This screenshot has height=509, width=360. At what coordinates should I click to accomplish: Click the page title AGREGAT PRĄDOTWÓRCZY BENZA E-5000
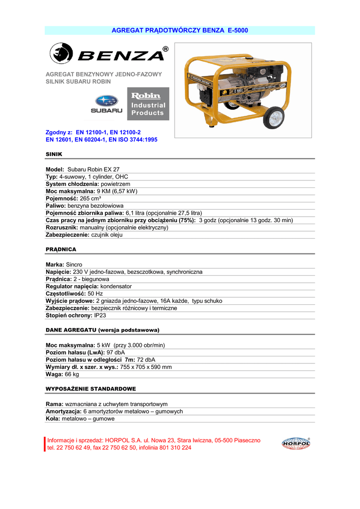pyautogui.click(x=180, y=31)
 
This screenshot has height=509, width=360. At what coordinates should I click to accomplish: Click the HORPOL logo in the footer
pyautogui.click(x=295, y=443)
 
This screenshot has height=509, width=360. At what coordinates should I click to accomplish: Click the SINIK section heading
pyautogui.click(x=54, y=155)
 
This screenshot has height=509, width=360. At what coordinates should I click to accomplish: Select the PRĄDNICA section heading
pyautogui.click(x=61, y=249)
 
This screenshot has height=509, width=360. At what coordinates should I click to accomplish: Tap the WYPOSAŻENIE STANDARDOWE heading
pyautogui.click(x=90, y=388)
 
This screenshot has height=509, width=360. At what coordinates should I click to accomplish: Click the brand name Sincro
pyautogui.click(x=74, y=265)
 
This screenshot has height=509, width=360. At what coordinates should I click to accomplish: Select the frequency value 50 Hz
pyautogui.click(x=88, y=294)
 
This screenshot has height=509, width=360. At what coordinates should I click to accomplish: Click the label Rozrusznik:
pyautogui.click(x=62, y=228)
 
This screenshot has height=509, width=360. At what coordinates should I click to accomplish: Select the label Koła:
pyautogui.click(x=53, y=419)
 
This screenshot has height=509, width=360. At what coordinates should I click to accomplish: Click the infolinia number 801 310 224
pyautogui.click(x=173, y=447)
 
